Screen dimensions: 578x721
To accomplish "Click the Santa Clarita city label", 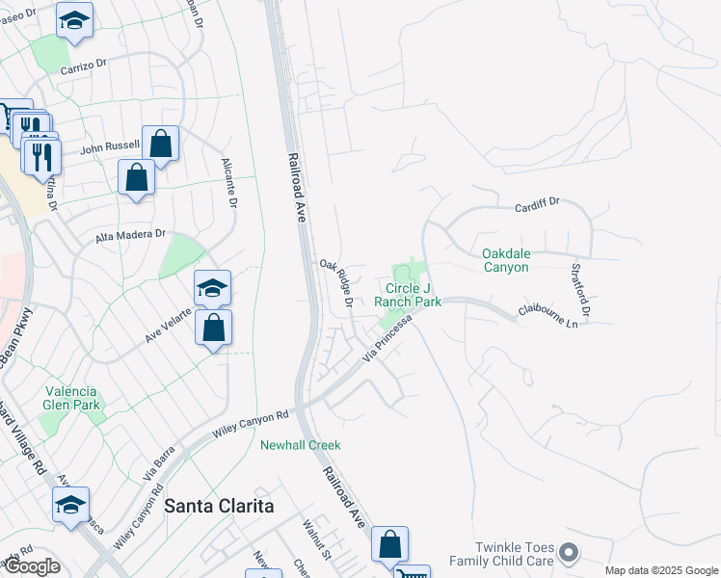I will (x=219, y=506).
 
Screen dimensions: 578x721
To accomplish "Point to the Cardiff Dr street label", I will (x=537, y=205).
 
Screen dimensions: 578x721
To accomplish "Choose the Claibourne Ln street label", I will (x=553, y=316).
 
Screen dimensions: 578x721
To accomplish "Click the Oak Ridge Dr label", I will (x=336, y=284).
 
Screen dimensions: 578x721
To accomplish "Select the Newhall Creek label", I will (x=301, y=445).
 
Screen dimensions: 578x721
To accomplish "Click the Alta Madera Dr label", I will (x=131, y=235).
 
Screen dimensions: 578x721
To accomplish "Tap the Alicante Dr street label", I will (x=229, y=183).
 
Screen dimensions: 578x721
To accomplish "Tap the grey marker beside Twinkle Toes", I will (x=569, y=553).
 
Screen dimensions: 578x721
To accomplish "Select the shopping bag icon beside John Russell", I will (x=161, y=144).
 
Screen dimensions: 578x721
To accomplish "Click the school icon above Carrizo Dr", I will (x=74, y=20).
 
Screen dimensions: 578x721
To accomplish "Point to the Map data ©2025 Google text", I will (x=660, y=570).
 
